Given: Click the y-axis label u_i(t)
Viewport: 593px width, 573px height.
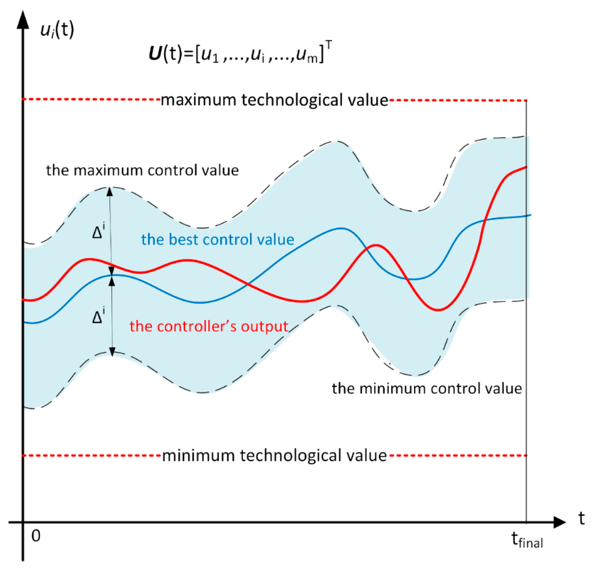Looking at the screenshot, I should click(x=57, y=30).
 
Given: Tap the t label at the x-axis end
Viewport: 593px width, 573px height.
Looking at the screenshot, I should click(x=581, y=518).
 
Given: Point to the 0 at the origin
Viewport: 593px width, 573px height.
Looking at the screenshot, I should click(x=36, y=536).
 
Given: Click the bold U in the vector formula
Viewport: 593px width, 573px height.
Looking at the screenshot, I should click(x=156, y=54).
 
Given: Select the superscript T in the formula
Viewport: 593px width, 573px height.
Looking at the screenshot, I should click(x=329, y=44).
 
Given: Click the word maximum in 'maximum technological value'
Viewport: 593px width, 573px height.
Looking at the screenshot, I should click(x=198, y=100).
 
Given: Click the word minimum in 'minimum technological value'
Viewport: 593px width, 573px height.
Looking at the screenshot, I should click(x=198, y=456).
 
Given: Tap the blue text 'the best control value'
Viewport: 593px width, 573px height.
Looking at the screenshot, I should click(x=218, y=240).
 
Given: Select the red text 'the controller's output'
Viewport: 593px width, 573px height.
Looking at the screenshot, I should click(x=209, y=327).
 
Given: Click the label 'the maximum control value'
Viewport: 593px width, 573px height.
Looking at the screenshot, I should click(x=142, y=170).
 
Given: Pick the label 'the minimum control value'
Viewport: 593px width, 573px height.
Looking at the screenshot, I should click(x=427, y=389).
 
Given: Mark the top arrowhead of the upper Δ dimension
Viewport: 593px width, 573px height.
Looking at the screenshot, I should click(x=110, y=191).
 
